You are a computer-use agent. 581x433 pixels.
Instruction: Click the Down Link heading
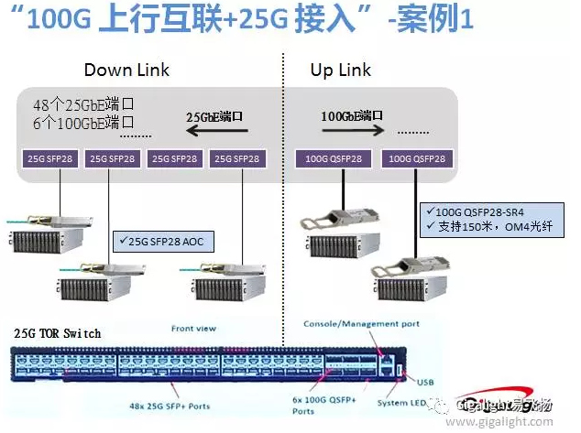click(x=126, y=70)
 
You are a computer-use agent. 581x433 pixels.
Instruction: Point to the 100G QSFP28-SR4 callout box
click(x=479, y=219)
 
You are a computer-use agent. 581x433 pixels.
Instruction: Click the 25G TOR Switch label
click(x=58, y=333)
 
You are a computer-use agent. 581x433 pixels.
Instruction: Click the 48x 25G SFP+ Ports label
click(x=177, y=403)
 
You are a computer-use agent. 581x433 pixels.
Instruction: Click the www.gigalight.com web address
click(x=517, y=421)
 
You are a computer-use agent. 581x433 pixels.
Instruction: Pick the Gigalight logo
click(x=518, y=405)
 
